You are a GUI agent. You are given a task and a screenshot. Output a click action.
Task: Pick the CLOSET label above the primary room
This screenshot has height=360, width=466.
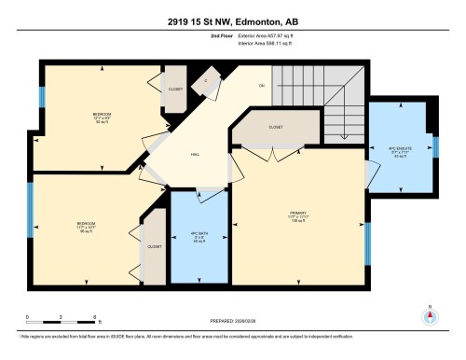pyautogui.click(x=275, y=126)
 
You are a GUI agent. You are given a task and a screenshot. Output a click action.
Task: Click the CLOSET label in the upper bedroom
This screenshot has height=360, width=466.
pyautogui.click(x=175, y=90)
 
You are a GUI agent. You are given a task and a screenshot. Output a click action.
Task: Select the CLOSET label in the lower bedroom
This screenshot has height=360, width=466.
pyautogui.click(x=154, y=247)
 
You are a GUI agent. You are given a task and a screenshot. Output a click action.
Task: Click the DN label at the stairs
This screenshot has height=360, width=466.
pyautogui.click(x=262, y=86)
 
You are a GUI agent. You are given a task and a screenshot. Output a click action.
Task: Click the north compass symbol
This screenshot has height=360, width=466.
pyautogui.click(x=430, y=314)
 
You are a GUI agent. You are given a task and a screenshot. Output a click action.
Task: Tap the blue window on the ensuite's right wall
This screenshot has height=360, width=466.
pyautogui.click(x=435, y=145)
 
